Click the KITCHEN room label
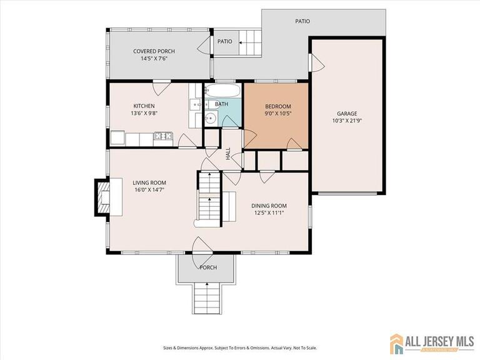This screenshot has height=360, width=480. tap(144, 106)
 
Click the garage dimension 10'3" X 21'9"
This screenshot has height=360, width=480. tap(348, 121)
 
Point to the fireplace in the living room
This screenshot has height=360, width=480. tap(101, 197)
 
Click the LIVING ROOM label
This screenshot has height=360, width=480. tap(149, 182)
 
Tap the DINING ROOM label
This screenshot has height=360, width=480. tap(269, 206)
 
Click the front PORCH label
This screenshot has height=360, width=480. tap(208, 267)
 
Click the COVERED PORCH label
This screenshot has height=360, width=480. tap(154, 51)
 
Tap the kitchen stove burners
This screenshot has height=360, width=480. tap(163, 136)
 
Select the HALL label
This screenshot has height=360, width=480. tap(228, 153)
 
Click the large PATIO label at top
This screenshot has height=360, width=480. tap(302, 21)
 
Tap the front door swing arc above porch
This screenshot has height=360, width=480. tap(204, 246)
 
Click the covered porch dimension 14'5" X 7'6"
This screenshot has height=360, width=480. tap(154, 59)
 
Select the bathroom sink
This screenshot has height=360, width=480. tap(211, 117)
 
